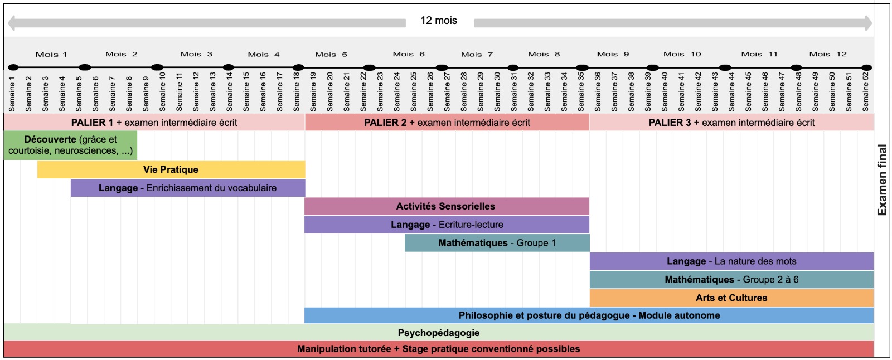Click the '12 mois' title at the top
(x=438, y=20)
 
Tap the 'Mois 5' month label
(x=331, y=54)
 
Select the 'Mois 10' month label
(x=682, y=54)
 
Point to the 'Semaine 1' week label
(x=12, y=94)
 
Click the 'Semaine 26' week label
(x=430, y=92)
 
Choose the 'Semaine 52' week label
(x=865, y=92)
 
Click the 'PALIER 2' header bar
(x=447, y=123)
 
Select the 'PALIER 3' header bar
(x=731, y=123)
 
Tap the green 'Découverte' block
(x=70, y=145)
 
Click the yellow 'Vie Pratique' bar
(x=171, y=169)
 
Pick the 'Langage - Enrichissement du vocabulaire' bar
(x=188, y=188)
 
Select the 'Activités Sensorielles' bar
(x=447, y=206)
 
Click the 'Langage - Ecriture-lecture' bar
(x=447, y=225)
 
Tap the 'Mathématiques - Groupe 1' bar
(x=497, y=243)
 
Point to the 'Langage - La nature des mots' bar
(x=731, y=261)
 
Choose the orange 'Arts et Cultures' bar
(x=731, y=298)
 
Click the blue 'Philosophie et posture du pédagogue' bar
(x=589, y=315)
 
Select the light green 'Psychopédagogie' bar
(x=439, y=333)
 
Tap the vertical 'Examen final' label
(x=882, y=180)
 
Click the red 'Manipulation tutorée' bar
(x=439, y=349)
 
